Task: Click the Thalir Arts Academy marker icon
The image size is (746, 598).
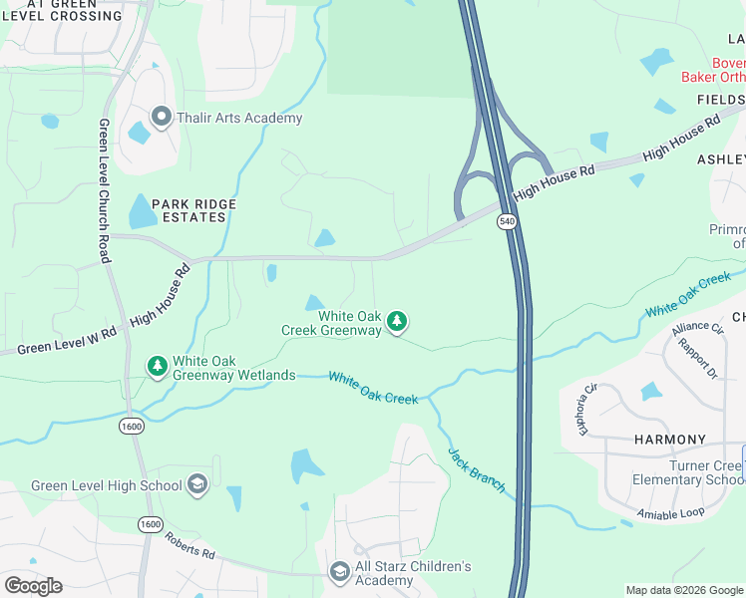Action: (162, 118)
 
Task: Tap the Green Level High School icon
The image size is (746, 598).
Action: (197, 485)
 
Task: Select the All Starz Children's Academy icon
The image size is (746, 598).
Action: (339, 570)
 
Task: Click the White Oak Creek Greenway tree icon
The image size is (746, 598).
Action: (398, 321)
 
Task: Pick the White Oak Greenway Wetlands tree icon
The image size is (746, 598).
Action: (157, 367)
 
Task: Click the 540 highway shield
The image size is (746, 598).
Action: (508, 221)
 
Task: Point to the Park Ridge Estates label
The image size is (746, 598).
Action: (194, 210)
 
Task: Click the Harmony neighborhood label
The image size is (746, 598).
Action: (670, 440)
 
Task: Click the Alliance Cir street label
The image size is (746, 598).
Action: (696, 327)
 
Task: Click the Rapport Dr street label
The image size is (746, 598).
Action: (698, 360)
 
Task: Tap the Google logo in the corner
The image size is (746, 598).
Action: (33, 585)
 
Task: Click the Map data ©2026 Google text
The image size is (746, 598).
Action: (684, 590)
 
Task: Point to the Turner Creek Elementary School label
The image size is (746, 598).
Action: (688, 471)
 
